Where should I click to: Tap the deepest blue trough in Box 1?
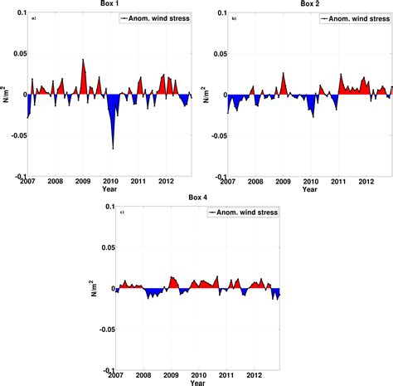coord(114,148)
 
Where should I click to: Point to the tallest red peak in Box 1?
coord(83,61)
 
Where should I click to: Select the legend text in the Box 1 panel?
coord(158,17)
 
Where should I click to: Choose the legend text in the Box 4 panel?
coord(246,213)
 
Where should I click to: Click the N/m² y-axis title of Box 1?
coord(6,93)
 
